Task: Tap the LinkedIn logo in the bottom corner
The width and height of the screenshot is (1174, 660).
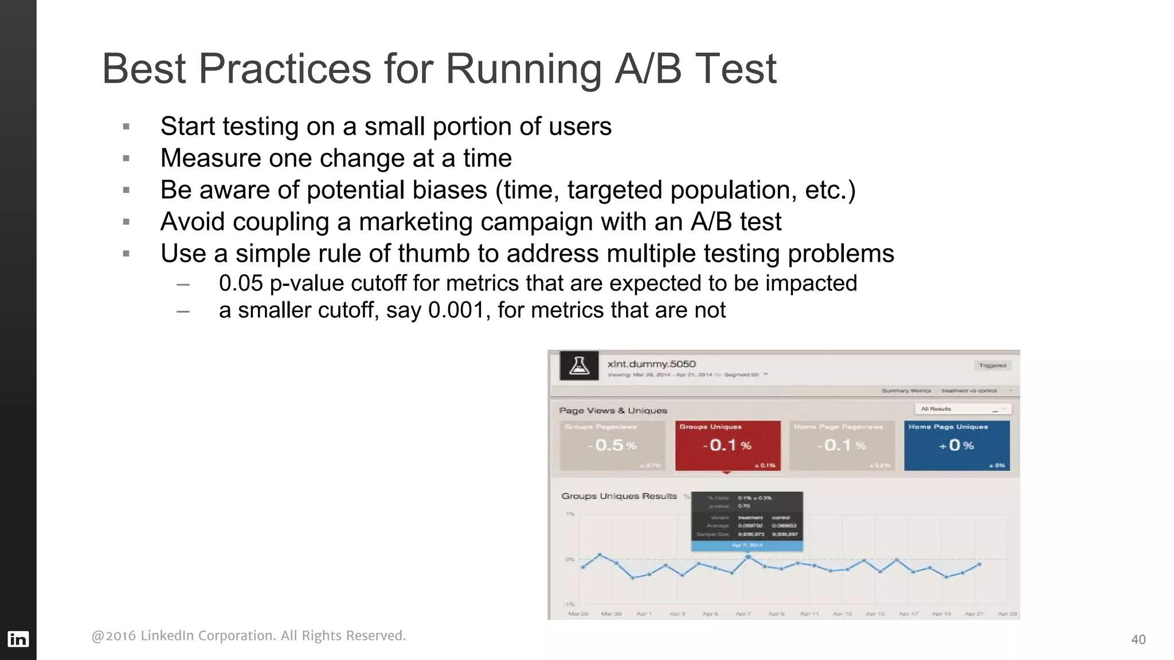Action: click(18, 639)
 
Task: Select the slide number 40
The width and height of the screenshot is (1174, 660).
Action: click(1138, 639)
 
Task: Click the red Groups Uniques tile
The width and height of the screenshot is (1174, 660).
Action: click(727, 446)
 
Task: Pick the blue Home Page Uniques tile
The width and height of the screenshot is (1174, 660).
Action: click(956, 446)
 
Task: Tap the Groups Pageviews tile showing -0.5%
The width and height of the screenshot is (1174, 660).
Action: click(612, 446)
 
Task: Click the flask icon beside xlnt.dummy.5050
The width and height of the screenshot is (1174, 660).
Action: click(579, 366)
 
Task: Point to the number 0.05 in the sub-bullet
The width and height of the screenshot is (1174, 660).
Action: click(241, 283)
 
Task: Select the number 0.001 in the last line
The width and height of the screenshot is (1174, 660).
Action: click(456, 310)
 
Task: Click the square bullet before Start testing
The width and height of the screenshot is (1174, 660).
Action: click(126, 127)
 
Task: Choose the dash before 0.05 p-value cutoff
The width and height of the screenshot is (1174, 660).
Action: click(183, 284)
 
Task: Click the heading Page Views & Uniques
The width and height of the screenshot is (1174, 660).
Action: click(613, 410)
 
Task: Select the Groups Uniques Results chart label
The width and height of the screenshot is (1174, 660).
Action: click(619, 496)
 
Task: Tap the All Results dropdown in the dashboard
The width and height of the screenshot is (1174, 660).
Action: click(962, 408)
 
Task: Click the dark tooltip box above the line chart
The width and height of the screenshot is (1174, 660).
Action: click(746, 516)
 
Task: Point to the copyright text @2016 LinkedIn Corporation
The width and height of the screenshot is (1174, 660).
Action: click(248, 635)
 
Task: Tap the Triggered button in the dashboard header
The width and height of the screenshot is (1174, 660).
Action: click(992, 365)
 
